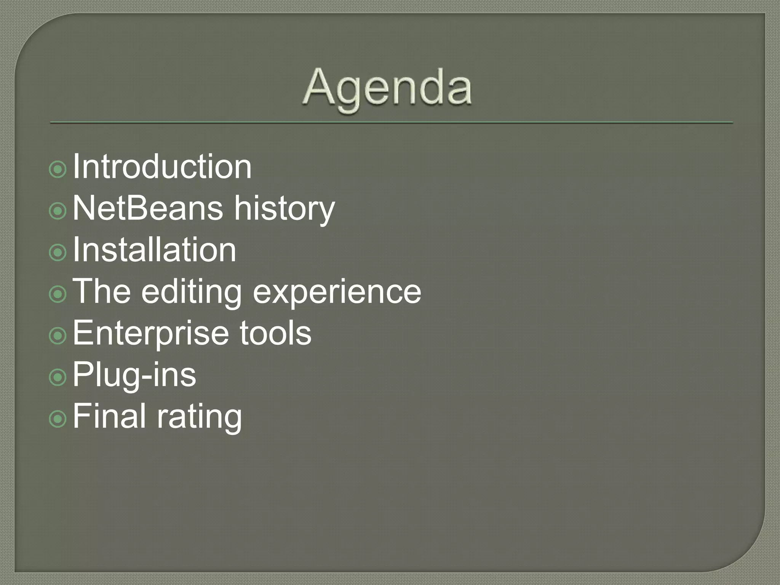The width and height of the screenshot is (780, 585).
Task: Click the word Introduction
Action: (x=162, y=166)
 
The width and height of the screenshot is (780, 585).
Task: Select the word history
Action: (x=284, y=209)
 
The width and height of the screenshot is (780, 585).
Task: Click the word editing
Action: (x=192, y=292)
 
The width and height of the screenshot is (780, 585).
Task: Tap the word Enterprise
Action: (x=151, y=334)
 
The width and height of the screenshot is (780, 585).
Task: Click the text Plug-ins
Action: (x=134, y=375)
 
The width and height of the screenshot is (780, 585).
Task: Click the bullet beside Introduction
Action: (x=58, y=169)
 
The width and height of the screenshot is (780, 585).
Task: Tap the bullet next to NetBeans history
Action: (x=58, y=211)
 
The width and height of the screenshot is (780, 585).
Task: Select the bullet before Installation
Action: (x=58, y=252)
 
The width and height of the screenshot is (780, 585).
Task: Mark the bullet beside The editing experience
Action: (x=58, y=294)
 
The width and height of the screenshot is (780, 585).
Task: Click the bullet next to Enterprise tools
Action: (x=58, y=336)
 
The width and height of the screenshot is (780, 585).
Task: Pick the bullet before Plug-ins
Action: (x=58, y=377)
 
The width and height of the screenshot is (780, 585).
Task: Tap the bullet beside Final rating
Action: (x=58, y=419)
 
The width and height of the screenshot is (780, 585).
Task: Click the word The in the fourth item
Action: (x=102, y=291)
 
